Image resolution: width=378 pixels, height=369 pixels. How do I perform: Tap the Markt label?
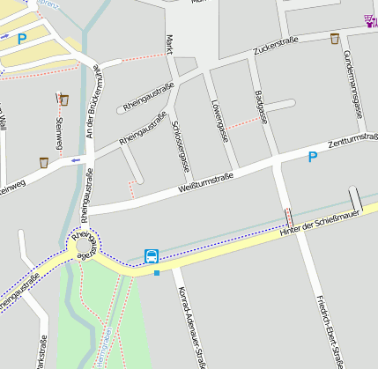[169, 45]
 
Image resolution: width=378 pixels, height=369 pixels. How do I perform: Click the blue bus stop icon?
[152, 256]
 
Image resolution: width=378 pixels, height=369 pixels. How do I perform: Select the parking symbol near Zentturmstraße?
[312, 158]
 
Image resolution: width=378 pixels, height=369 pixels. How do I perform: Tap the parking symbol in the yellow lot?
[22, 39]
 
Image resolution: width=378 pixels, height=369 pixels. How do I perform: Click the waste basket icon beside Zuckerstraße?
[335, 39]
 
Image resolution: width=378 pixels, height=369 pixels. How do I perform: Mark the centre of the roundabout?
[84, 243]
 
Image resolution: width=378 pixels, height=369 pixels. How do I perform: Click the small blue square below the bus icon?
[157, 273]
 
